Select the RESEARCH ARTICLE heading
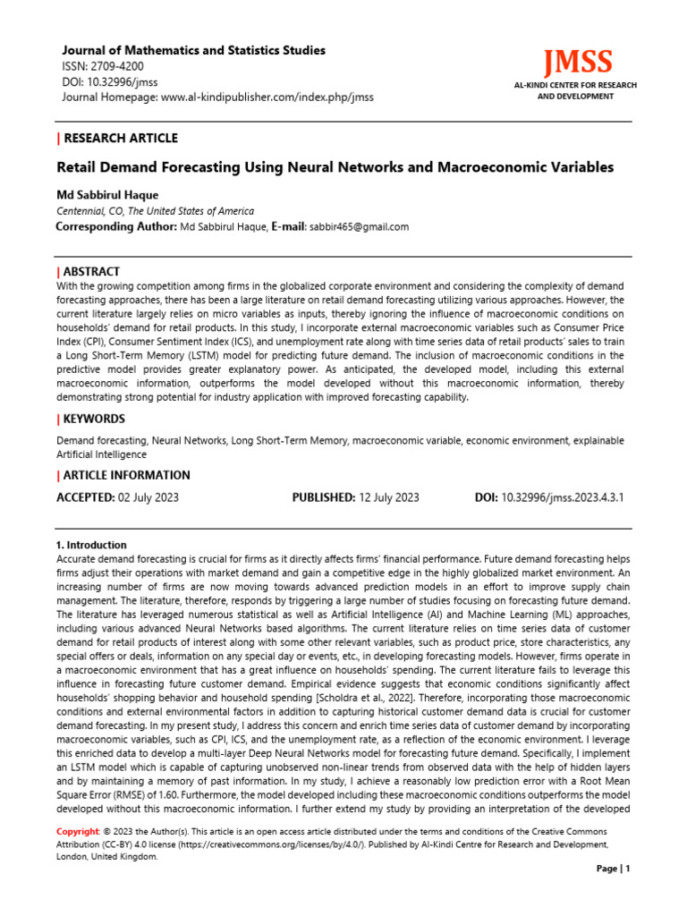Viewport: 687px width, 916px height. pyautogui.click(x=120, y=138)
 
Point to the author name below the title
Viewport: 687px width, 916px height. pyautogui.click(x=108, y=194)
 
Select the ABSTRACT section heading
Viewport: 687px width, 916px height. pyautogui.click(x=91, y=271)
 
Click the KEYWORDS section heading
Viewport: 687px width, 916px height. pyautogui.click(x=94, y=419)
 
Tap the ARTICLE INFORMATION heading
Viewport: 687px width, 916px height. pyautogui.click(x=126, y=475)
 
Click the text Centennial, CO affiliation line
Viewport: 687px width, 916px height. pyautogui.click(x=155, y=211)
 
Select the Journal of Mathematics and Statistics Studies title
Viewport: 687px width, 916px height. pyautogui.click(x=191, y=50)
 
